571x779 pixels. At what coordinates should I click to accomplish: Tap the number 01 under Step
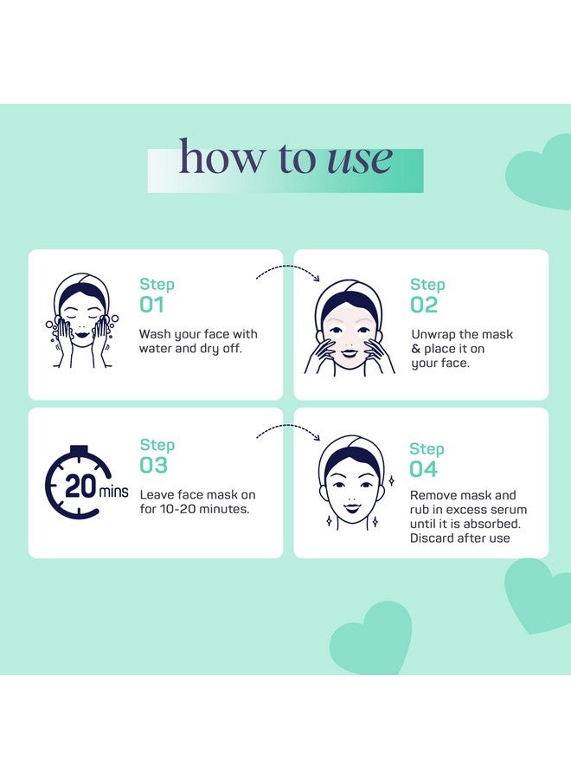click(x=151, y=305)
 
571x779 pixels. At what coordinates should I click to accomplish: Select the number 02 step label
click(x=424, y=305)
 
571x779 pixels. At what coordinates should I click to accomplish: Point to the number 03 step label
click(x=153, y=465)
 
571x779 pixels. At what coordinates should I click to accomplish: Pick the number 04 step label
click(x=424, y=469)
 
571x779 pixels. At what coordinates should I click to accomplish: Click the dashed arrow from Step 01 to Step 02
click(x=288, y=269)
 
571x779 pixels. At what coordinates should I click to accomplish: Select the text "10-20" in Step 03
click(x=176, y=509)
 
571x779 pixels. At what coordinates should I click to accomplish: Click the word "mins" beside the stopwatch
click(x=113, y=492)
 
